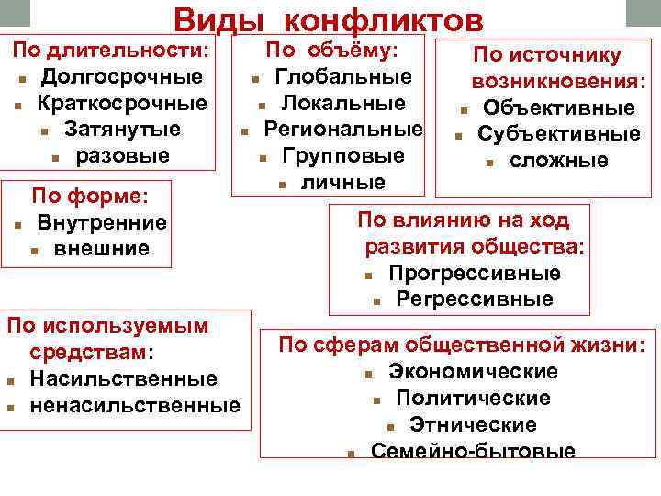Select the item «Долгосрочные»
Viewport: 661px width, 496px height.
[121, 75]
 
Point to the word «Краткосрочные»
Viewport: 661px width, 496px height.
[122, 102]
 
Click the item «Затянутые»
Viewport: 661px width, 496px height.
[122, 129]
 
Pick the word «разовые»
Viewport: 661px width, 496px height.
[122, 155]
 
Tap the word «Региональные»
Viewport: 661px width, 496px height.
[343, 129]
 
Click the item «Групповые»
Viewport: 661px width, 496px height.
[343, 155]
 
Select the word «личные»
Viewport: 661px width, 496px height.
[343, 182]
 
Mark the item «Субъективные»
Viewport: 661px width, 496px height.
[559, 134]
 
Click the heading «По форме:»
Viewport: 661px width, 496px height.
[90, 196]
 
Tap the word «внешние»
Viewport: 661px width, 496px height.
[101, 249]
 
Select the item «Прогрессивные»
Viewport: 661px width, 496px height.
[474, 274]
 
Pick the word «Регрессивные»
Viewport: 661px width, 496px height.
[475, 299]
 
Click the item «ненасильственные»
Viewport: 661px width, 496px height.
[134, 405]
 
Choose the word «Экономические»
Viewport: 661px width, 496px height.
[473, 371]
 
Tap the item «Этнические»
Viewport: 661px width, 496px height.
[473, 424]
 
